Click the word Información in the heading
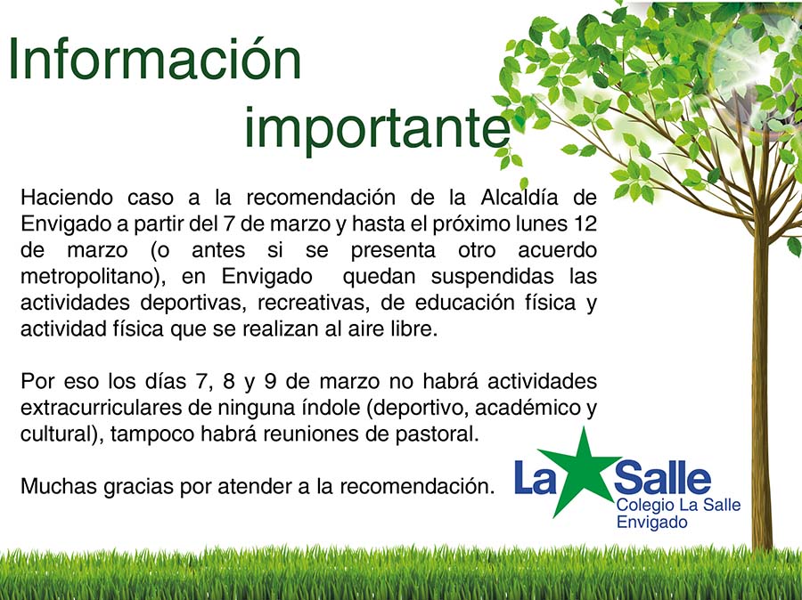(154, 61)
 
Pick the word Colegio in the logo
(643, 507)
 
